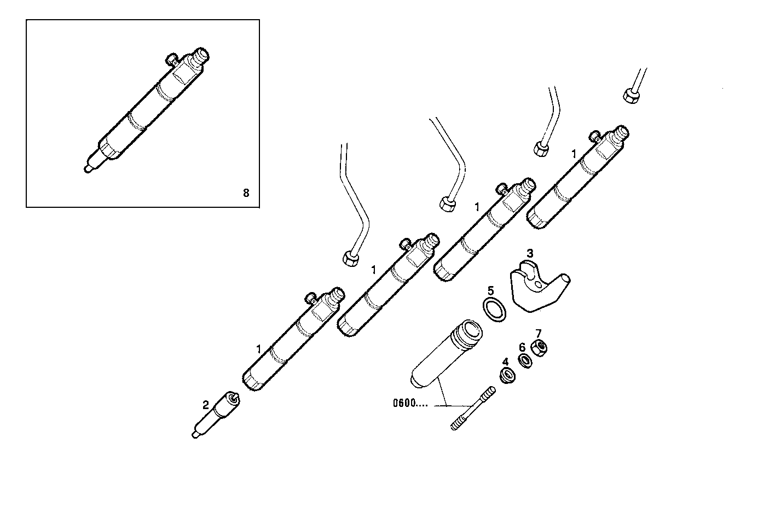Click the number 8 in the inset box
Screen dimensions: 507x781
(x=246, y=193)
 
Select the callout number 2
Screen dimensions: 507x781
(x=205, y=405)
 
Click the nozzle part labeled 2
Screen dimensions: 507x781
(x=216, y=414)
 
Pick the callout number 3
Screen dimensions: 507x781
(x=529, y=253)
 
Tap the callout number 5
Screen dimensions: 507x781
(x=490, y=290)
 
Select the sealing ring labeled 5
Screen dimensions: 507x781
(x=494, y=310)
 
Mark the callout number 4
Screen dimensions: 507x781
(x=505, y=362)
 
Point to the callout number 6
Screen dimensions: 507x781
(x=522, y=347)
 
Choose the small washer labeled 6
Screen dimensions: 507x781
(x=525, y=361)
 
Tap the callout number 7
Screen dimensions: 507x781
(x=538, y=333)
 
